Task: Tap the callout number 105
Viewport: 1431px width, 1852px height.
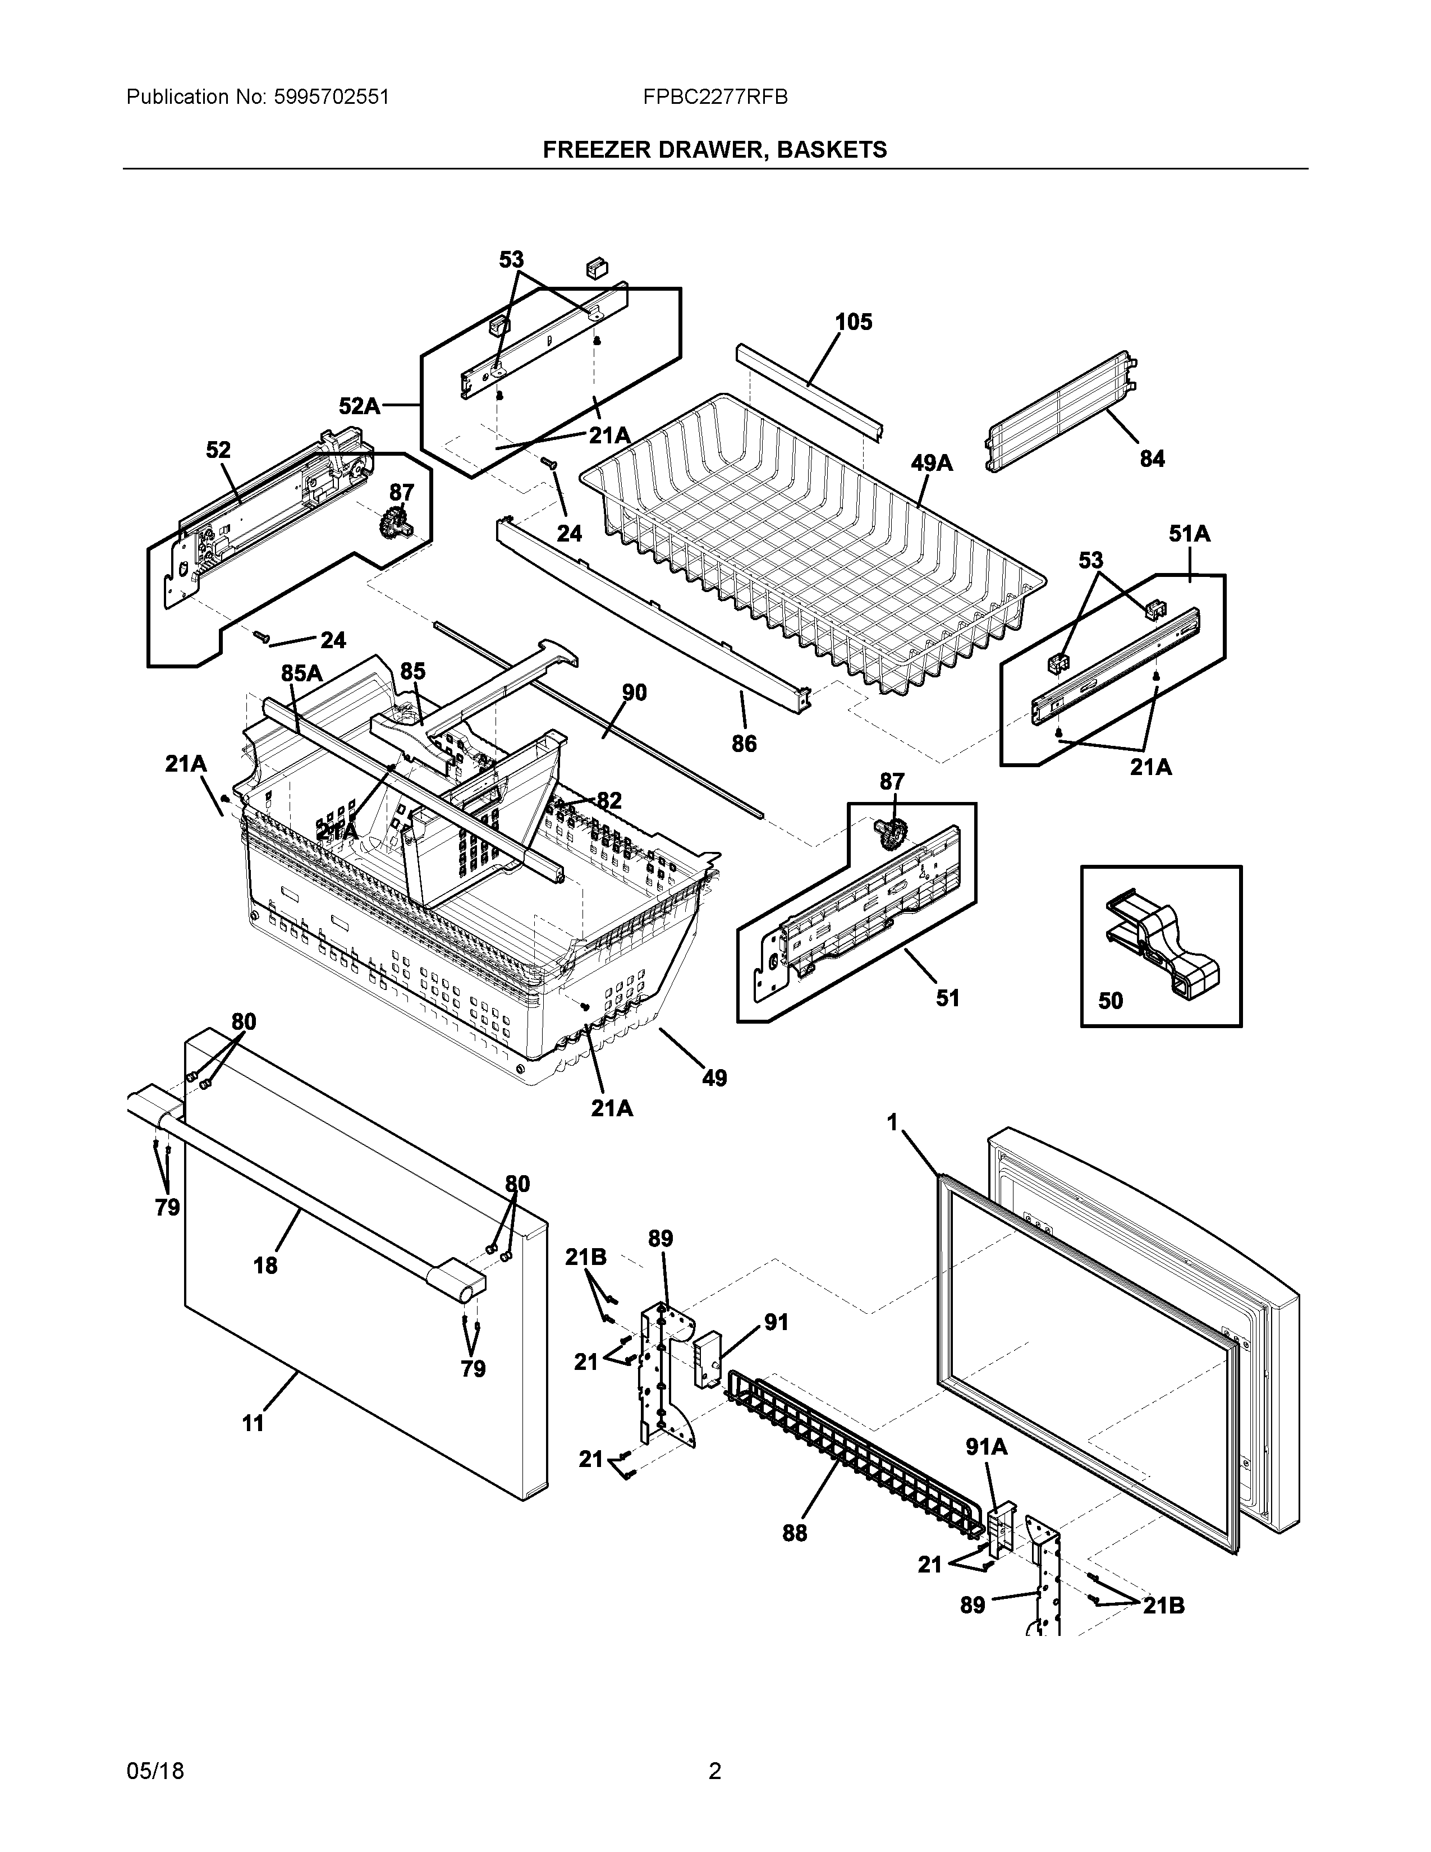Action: [853, 322]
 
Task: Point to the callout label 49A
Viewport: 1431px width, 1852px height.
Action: [932, 463]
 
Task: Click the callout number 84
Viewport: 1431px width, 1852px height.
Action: [1152, 459]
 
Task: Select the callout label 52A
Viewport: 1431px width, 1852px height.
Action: [360, 406]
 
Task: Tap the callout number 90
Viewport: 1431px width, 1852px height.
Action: [634, 693]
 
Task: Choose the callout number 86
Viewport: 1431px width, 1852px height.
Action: [744, 744]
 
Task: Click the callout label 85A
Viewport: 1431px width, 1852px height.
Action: [302, 672]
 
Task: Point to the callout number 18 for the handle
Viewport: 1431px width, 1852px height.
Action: [265, 1290]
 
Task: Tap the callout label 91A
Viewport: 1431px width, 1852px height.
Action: [987, 1447]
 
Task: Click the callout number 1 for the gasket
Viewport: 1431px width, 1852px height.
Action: [892, 1123]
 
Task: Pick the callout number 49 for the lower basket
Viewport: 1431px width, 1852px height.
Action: [714, 1078]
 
